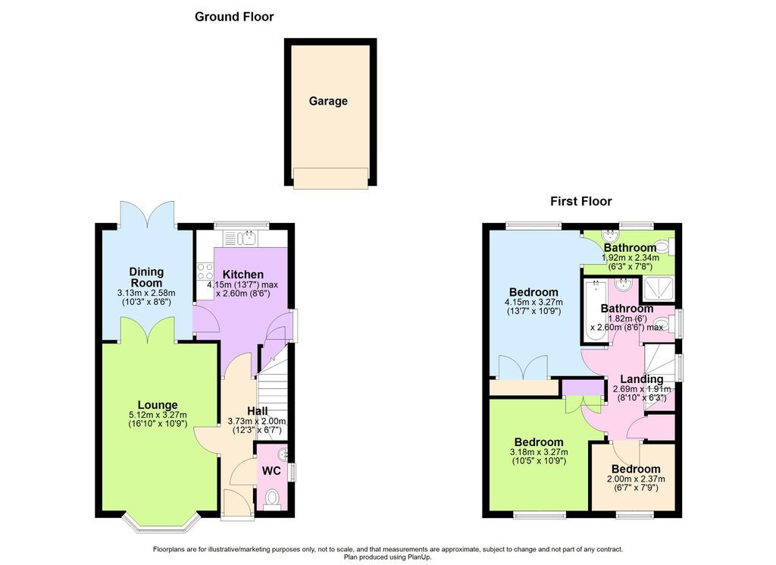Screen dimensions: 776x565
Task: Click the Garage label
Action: point(328,101)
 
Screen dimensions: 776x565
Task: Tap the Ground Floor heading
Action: point(234,17)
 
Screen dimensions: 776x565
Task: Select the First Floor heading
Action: point(581,201)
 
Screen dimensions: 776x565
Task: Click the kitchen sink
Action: point(246,239)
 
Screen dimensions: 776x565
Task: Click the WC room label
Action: point(271,471)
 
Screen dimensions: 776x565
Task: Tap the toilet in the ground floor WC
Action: point(272,498)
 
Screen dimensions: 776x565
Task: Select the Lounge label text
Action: point(158,405)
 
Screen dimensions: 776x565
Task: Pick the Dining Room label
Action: point(146,278)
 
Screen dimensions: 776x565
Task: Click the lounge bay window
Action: point(161,525)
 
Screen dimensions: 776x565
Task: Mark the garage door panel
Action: point(330,178)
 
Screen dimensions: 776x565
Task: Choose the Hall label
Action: point(258,411)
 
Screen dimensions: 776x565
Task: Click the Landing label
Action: point(641,379)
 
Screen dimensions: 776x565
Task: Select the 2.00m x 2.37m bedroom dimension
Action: point(636,479)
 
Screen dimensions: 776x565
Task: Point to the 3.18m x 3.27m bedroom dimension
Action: point(539,452)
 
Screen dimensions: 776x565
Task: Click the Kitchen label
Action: point(243,275)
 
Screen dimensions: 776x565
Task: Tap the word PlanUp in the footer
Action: point(419,557)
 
